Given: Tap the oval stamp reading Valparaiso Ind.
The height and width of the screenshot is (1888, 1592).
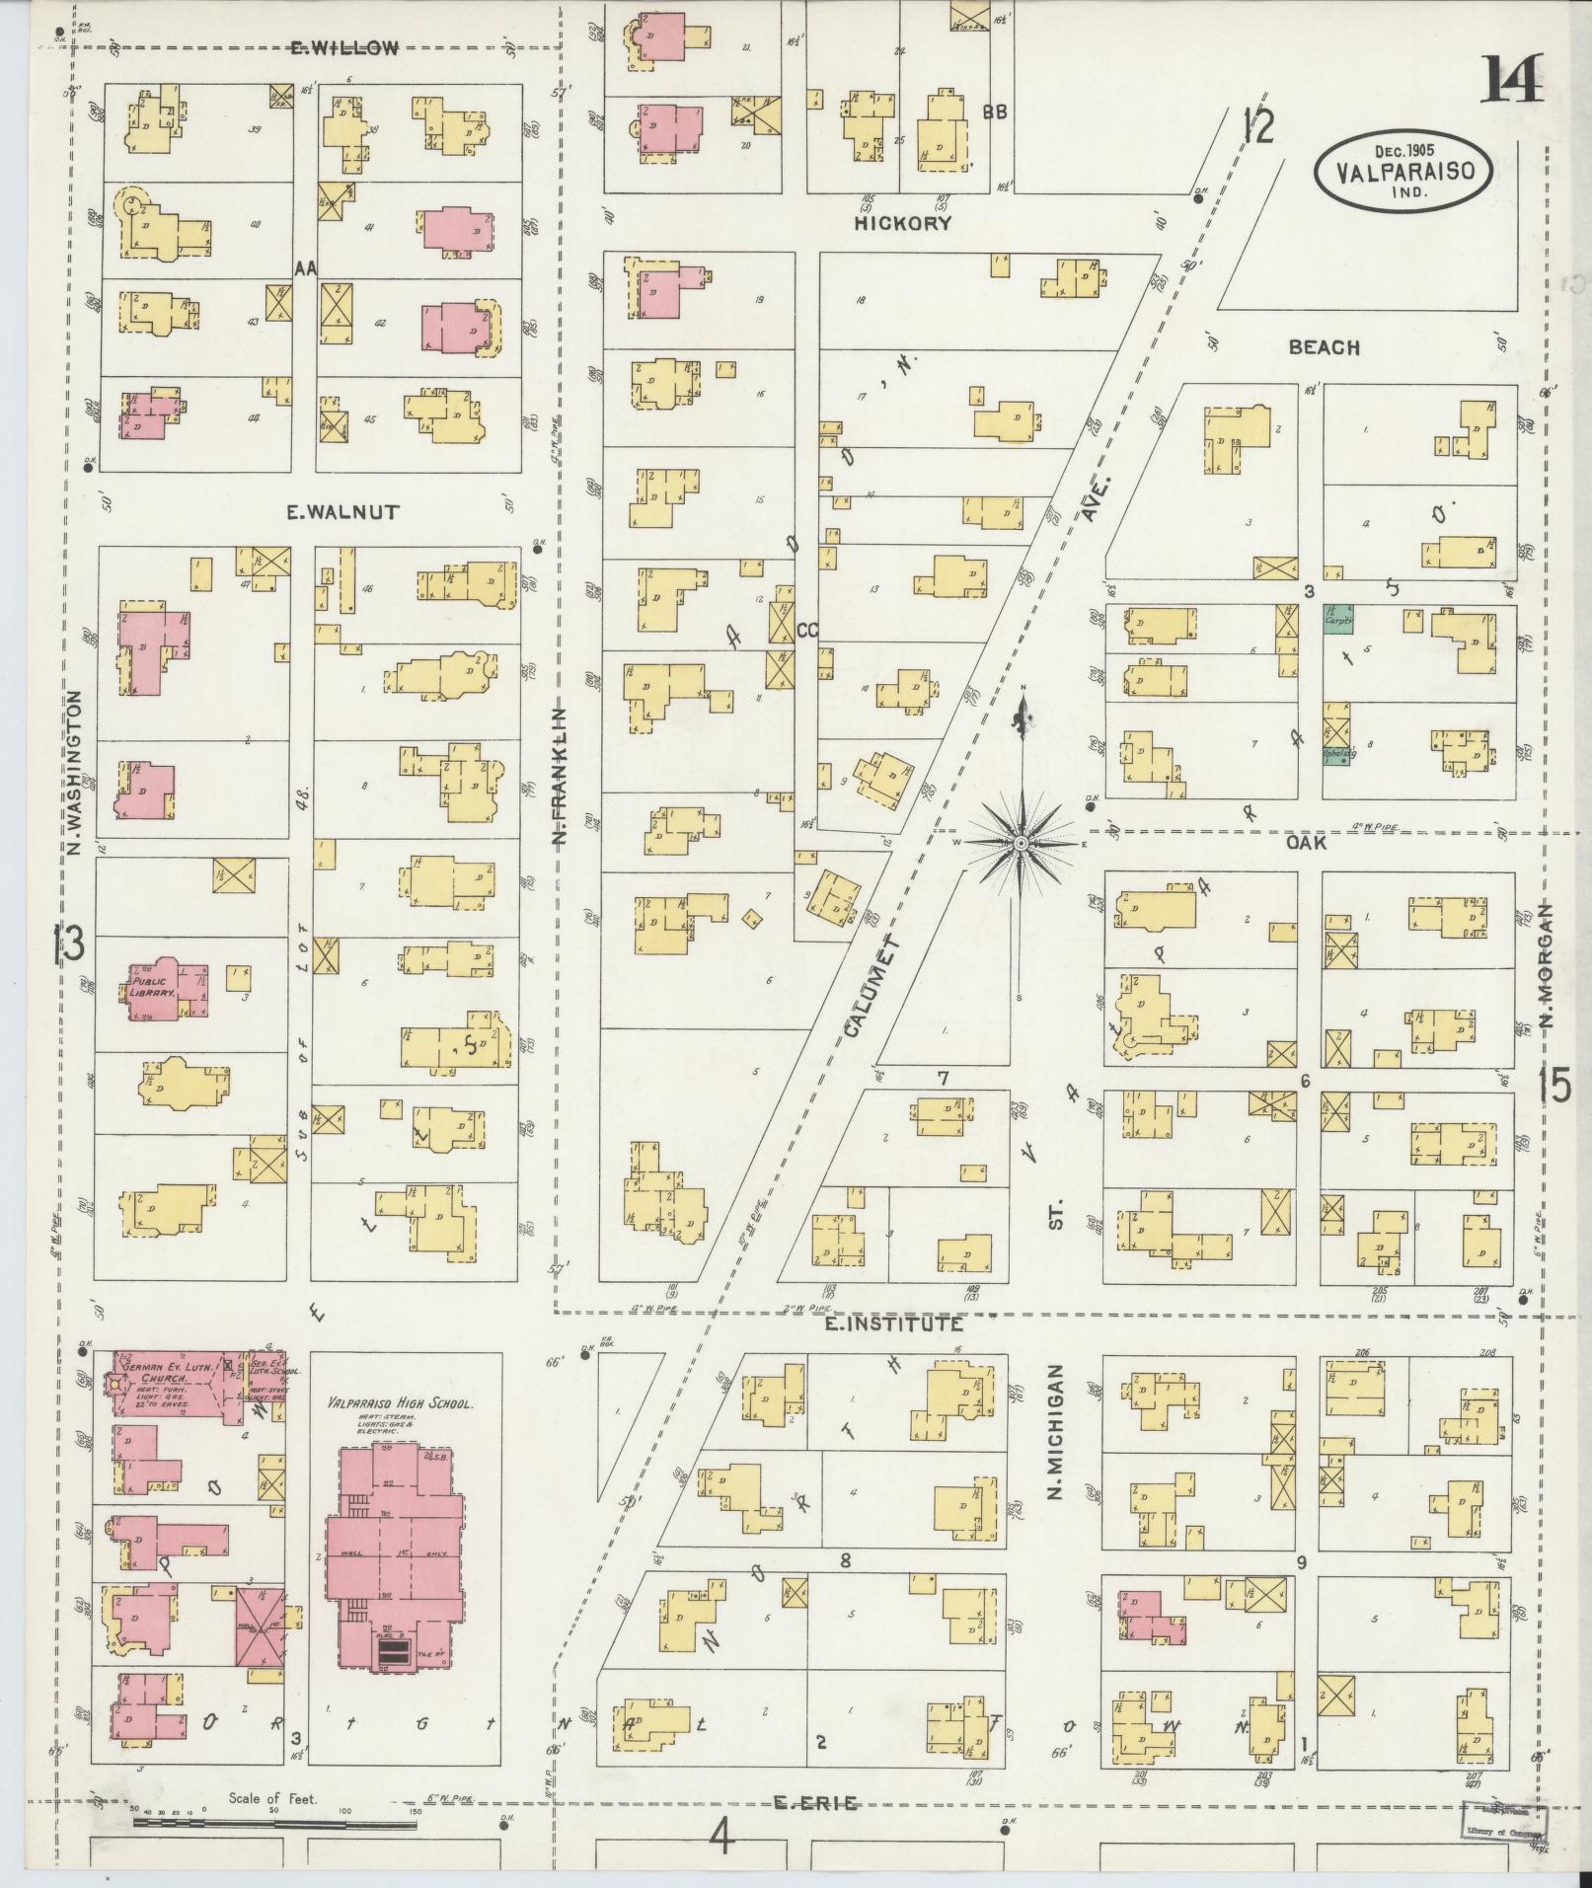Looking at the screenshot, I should click(1401, 170).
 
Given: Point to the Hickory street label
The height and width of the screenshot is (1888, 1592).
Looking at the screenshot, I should click(902, 224).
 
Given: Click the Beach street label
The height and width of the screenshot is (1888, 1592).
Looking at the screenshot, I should click(1324, 347).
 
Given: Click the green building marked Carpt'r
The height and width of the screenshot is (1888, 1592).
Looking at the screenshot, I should click(1337, 622).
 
